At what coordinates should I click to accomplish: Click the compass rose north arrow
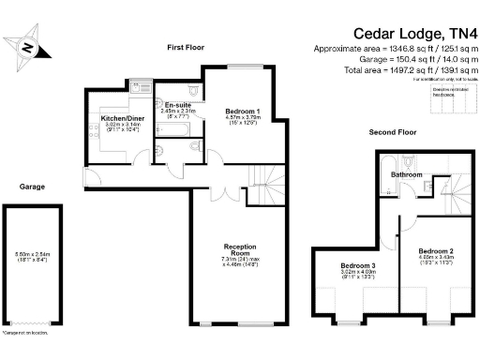pyautogui.click(x=29, y=48)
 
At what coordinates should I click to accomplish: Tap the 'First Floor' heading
pyautogui.click(x=186, y=47)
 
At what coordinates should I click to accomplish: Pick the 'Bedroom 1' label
pyautogui.click(x=243, y=111)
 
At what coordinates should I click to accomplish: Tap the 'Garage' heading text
pyautogui.click(x=32, y=186)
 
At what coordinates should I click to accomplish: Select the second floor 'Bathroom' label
pyautogui.click(x=407, y=174)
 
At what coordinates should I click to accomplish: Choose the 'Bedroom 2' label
pyautogui.click(x=436, y=251)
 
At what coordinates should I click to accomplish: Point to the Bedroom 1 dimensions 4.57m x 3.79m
pyautogui.click(x=243, y=117)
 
